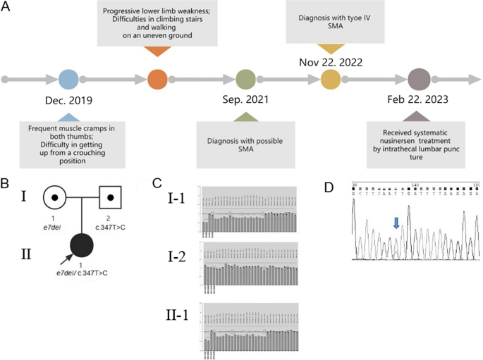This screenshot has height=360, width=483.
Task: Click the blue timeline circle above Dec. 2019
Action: tap(68, 79)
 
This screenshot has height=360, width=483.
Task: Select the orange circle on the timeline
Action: tap(157, 79)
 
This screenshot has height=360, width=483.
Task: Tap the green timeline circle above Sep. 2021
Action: tap(245, 79)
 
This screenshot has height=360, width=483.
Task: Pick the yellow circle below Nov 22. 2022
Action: tap(331, 79)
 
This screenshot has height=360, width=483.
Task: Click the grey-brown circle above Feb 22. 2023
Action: tap(418, 79)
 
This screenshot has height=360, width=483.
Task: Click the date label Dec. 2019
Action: tap(68, 101)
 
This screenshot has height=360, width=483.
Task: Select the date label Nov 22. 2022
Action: tap(331, 62)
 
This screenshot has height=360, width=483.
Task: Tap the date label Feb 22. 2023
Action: tap(419, 101)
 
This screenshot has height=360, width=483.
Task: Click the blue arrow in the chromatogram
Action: tap(396, 223)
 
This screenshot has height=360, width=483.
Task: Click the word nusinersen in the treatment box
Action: tap(407, 139)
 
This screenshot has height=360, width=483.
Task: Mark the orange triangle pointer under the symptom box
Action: tap(157, 51)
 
